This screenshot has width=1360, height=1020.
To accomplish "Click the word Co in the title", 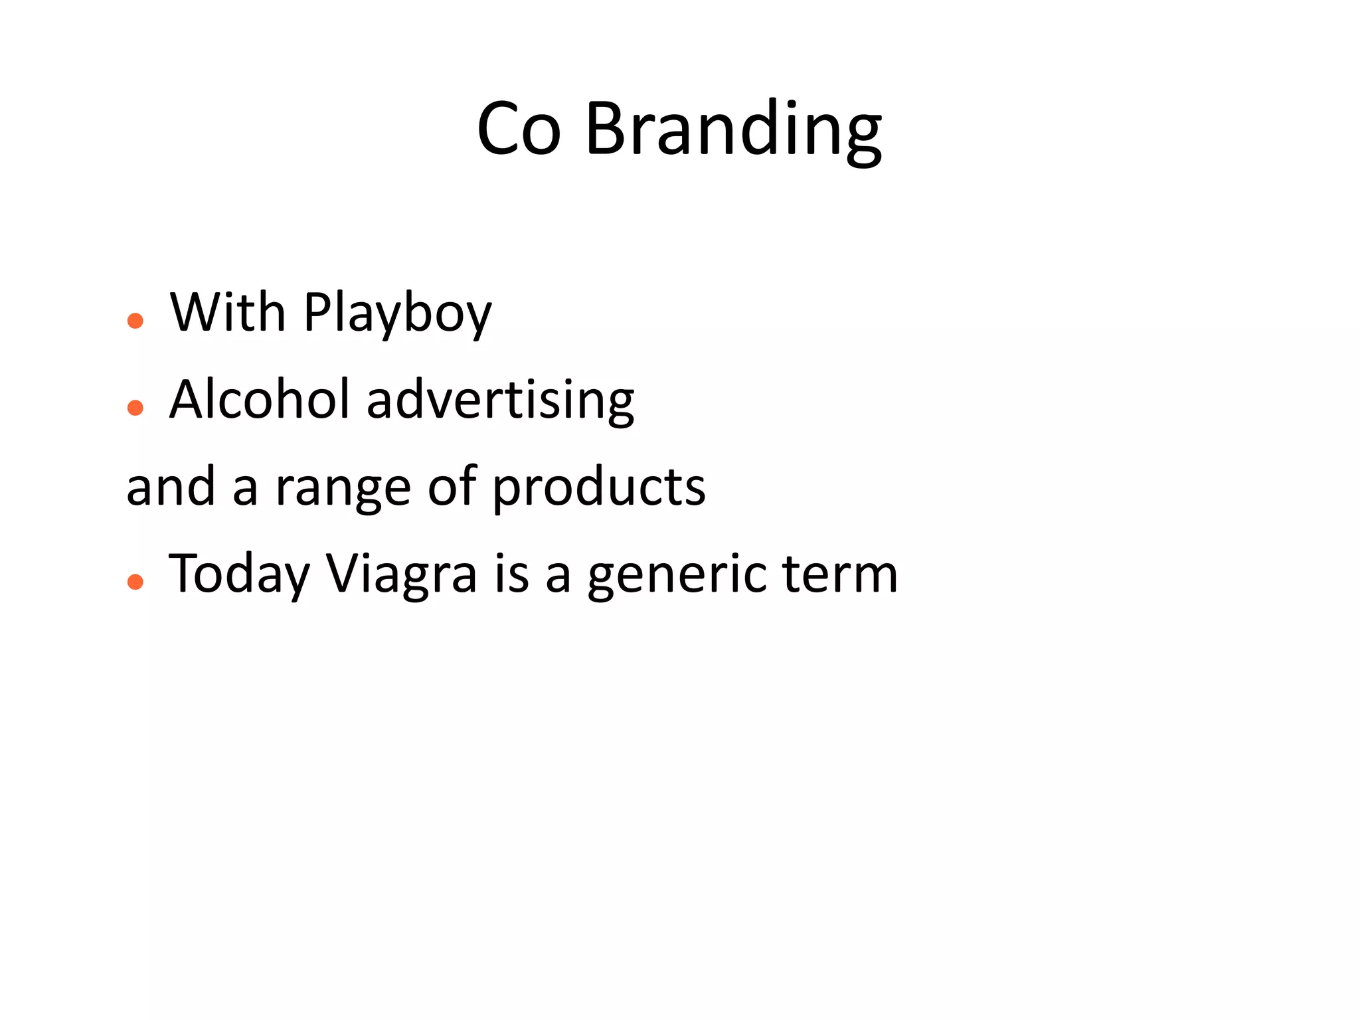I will pyautogui.click(x=519, y=129).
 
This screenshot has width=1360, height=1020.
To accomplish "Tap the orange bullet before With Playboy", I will pyautogui.click(x=135, y=321).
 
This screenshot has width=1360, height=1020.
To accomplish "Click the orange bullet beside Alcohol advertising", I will pyautogui.click(x=135, y=408).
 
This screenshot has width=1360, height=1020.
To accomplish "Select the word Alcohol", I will pyautogui.click(x=259, y=400).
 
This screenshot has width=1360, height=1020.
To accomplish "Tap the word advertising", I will pyautogui.click(x=500, y=401).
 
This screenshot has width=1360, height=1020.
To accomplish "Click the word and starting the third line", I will pyautogui.click(x=171, y=487).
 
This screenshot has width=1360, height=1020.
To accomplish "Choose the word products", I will pyautogui.click(x=598, y=488).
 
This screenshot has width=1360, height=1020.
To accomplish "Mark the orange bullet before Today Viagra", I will pyautogui.click(x=135, y=582).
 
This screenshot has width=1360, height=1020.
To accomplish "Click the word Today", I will pyautogui.click(x=239, y=574).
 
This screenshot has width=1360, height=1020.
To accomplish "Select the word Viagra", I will pyautogui.click(x=401, y=574).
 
